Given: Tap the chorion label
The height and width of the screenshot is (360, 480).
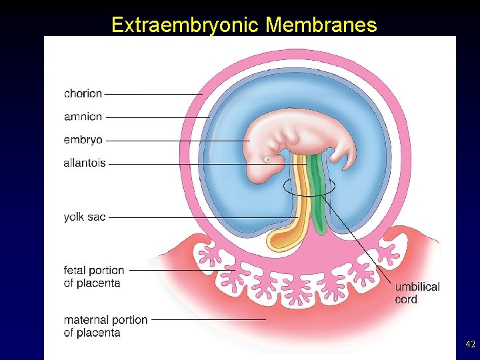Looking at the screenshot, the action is (83, 94).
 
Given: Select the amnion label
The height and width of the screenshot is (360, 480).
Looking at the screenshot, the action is (83, 117).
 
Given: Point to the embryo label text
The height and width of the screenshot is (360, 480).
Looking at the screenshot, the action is (83, 140).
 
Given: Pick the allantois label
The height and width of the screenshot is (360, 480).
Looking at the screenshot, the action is (85, 163).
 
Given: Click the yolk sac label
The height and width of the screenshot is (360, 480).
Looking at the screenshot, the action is (85, 217).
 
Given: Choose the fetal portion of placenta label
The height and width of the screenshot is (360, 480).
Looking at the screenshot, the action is (94, 277).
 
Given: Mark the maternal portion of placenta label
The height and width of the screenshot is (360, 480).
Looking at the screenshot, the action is (105, 326).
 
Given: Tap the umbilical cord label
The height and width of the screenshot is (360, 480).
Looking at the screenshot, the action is (417, 293).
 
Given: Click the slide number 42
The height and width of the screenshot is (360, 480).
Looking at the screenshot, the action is (470, 344).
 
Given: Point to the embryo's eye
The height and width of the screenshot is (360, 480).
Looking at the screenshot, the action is (268, 160).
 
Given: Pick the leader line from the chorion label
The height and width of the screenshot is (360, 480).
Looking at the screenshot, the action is (153, 94).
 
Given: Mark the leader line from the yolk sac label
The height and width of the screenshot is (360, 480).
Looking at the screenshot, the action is (200, 217).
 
